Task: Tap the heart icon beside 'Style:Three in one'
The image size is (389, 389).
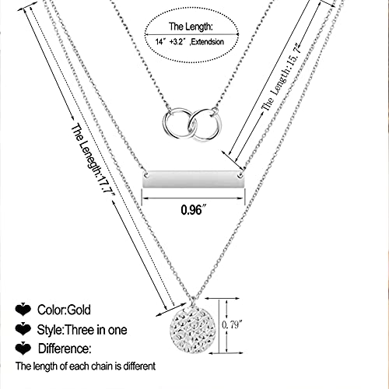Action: coord(23,328)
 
